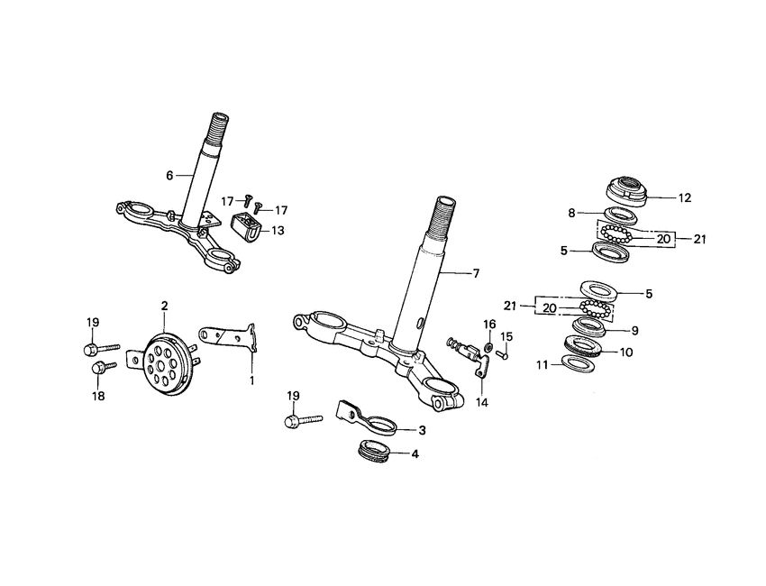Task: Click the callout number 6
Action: point(169,175)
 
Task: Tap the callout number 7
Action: point(477,273)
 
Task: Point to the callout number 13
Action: point(278,230)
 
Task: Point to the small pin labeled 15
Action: point(503,353)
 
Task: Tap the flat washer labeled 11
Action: point(577,363)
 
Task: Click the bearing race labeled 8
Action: point(620,215)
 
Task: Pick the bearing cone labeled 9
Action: point(590,326)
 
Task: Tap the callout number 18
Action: point(99,396)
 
